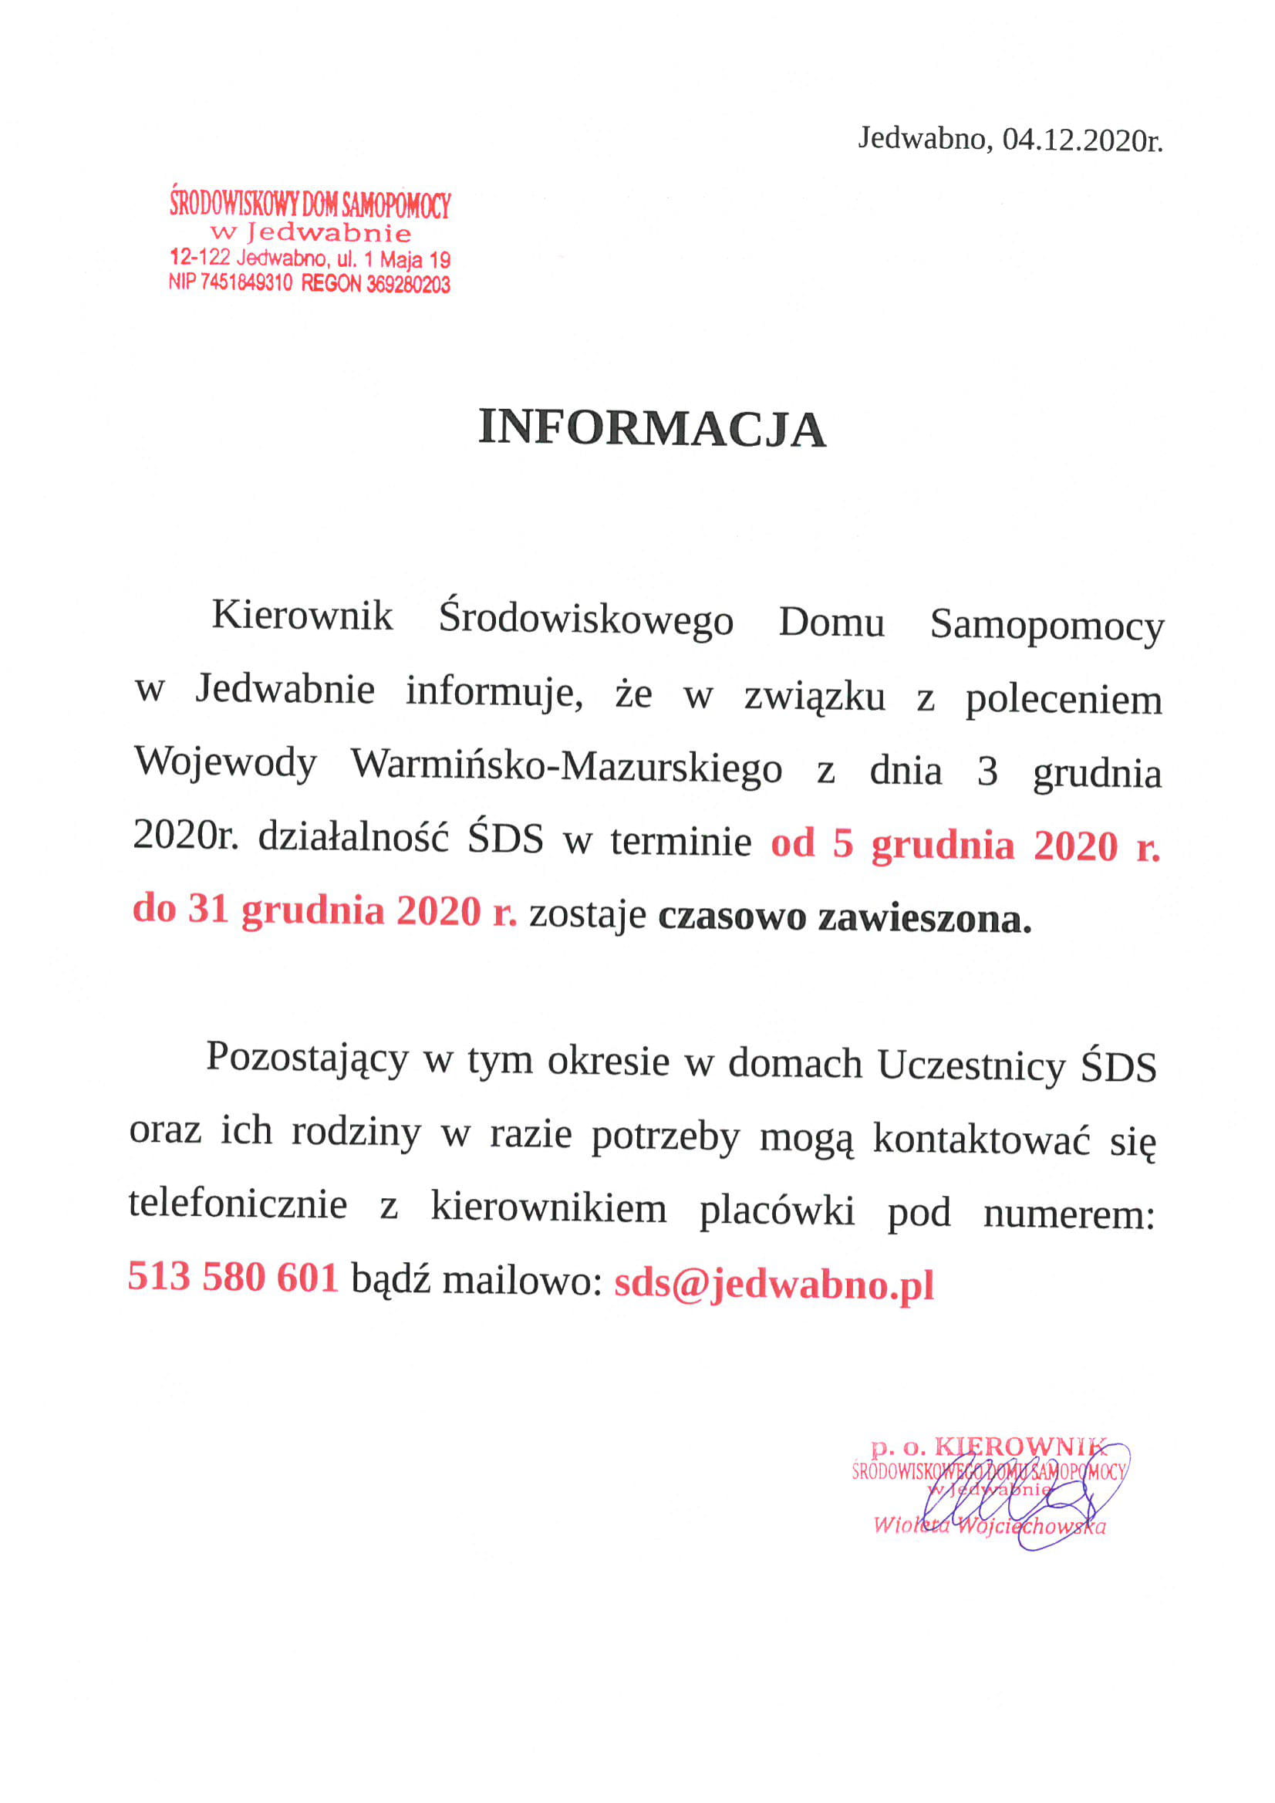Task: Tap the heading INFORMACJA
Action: (x=652, y=429)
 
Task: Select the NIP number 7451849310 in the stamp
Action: (x=246, y=282)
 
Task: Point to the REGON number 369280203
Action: (x=407, y=284)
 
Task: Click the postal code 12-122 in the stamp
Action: (x=200, y=257)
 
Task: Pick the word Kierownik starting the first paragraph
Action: (x=302, y=615)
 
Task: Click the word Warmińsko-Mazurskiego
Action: (x=566, y=766)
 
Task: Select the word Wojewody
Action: (x=225, y=763)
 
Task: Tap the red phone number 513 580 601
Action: (x=232, y=1276)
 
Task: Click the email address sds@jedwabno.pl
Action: (x=774, y=1283)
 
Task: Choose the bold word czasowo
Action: (x=732, y=917)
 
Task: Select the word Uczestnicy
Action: (x=971, y=1066)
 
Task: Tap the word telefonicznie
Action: (x=238, y=1204)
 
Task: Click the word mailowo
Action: (x=521, y=1281)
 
